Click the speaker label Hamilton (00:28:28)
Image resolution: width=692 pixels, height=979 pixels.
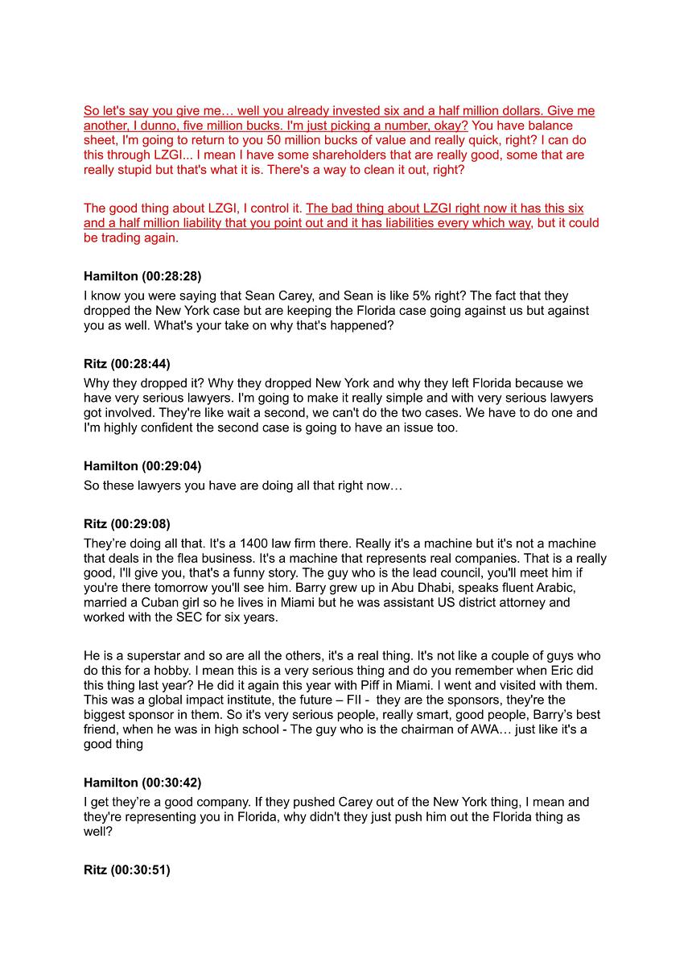(x=142, y=276)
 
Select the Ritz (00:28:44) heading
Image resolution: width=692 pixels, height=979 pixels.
(x=127, y=364)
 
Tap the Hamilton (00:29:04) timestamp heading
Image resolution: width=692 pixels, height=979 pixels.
(x=142, y=466)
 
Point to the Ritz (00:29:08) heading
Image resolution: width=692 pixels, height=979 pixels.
(x=127, y=524)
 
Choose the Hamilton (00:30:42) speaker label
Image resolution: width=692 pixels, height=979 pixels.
(x=142, y=783)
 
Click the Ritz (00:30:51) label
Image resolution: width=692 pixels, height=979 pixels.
(x=127, y=870)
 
